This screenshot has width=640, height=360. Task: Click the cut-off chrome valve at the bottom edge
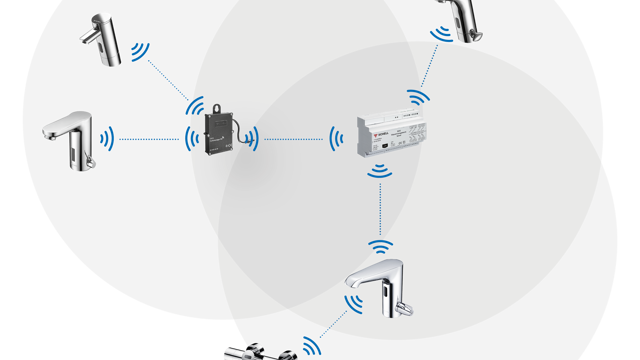[258, 351]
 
